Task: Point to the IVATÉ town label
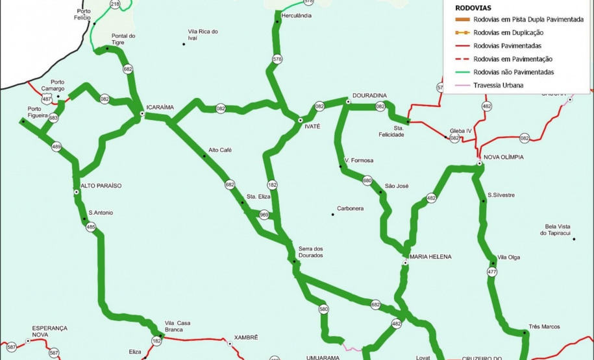coord(312,126)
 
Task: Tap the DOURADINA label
coord(369,95)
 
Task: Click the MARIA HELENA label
coord(430,257)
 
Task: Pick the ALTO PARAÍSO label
coord(101,186)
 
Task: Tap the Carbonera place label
coord(350,209)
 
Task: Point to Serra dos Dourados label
coord(310,252)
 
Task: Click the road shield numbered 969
coord(264,214)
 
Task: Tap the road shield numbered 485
coord(91,227)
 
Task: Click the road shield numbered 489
coord(56,147)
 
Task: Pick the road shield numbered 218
coord(116,5)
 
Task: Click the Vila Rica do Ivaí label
coord(203,34)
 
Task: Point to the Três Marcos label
coord(544,326)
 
